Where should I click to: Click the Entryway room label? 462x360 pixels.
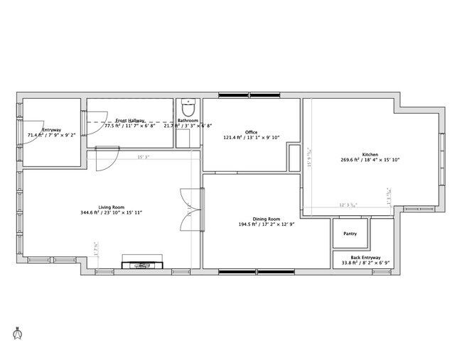[x=51, y=130]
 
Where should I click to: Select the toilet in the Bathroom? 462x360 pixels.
[x=188, y=108]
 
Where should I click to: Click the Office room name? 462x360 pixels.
[x=251, y=132]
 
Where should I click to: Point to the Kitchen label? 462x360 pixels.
[x=370, y=155]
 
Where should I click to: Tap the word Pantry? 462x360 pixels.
[x=350, y=234]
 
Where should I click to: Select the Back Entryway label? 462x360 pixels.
[x=365, y=257]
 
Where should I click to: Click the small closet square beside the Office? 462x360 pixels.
[x=294, y=157]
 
